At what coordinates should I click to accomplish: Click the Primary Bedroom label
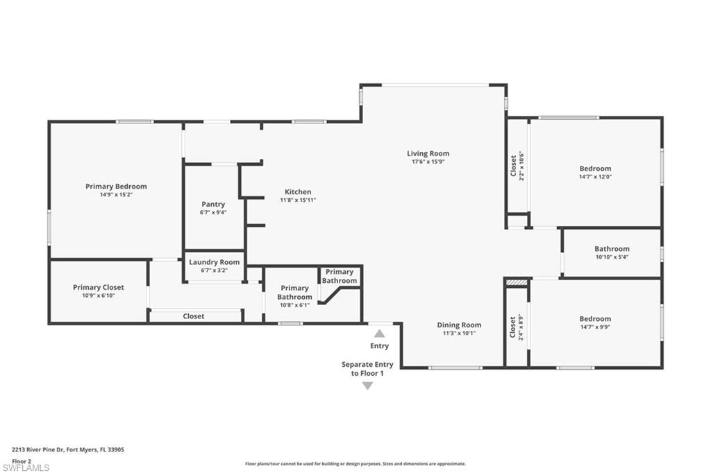click(x=116, y=186)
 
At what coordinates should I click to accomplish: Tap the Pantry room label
click(x=213, y=204)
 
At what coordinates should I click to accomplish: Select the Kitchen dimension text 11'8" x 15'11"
click(x=298, y=200)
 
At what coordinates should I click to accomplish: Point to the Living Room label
click(x=428, y=153)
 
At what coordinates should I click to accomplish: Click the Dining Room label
click(x=459, y=325)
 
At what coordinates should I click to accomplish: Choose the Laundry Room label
click(x=215, y=262)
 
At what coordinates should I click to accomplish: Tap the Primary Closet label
click(x=99, y=287)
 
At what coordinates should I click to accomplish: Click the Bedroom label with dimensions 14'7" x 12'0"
click(x=595, y=169)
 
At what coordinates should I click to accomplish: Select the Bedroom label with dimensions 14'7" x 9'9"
click(x=595, y=319)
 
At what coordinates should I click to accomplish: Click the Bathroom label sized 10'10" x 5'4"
click(x=612, y=249)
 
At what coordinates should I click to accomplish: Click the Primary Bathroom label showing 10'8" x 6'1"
click(x=294, y=292)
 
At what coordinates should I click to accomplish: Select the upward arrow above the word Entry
click(x=379, y=334)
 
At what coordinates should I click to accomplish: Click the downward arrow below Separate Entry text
click(x=367, y=386)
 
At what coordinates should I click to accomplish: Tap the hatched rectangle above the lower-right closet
click(x=517, y=283)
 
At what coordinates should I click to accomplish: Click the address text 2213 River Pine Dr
click(x=68, y=449)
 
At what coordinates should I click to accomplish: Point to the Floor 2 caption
click(x=22, y=461)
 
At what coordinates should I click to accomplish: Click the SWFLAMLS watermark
click(x=26, y=468)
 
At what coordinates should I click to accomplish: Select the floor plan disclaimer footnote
click(x=355, y=464)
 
